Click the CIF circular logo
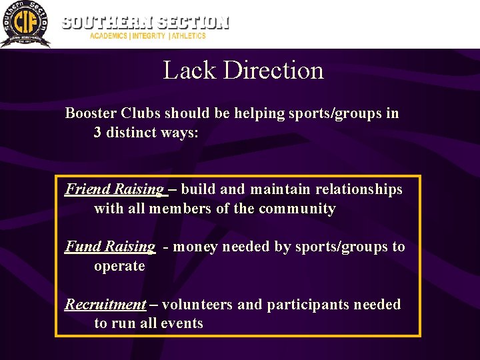click(x=25, y=24)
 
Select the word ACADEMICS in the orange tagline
click(x=109, y=36)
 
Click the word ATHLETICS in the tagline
click(x=189, y=36)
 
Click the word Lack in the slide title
click(x=189, y=71)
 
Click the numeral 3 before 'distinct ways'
click(x=98, y=133)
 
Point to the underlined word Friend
click(x=87, y=189)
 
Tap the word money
click(x=198, y=247)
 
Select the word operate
click(x=119, y=266)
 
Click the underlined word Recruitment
click(x=105, y=305)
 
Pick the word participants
click(x=308, y=305)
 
